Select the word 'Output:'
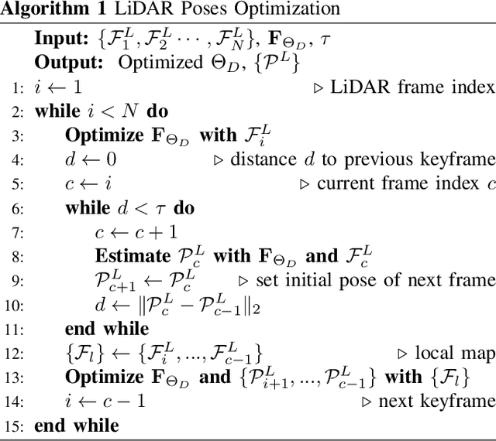[x=64, y=63]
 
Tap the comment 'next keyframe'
[x=436, y=402]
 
